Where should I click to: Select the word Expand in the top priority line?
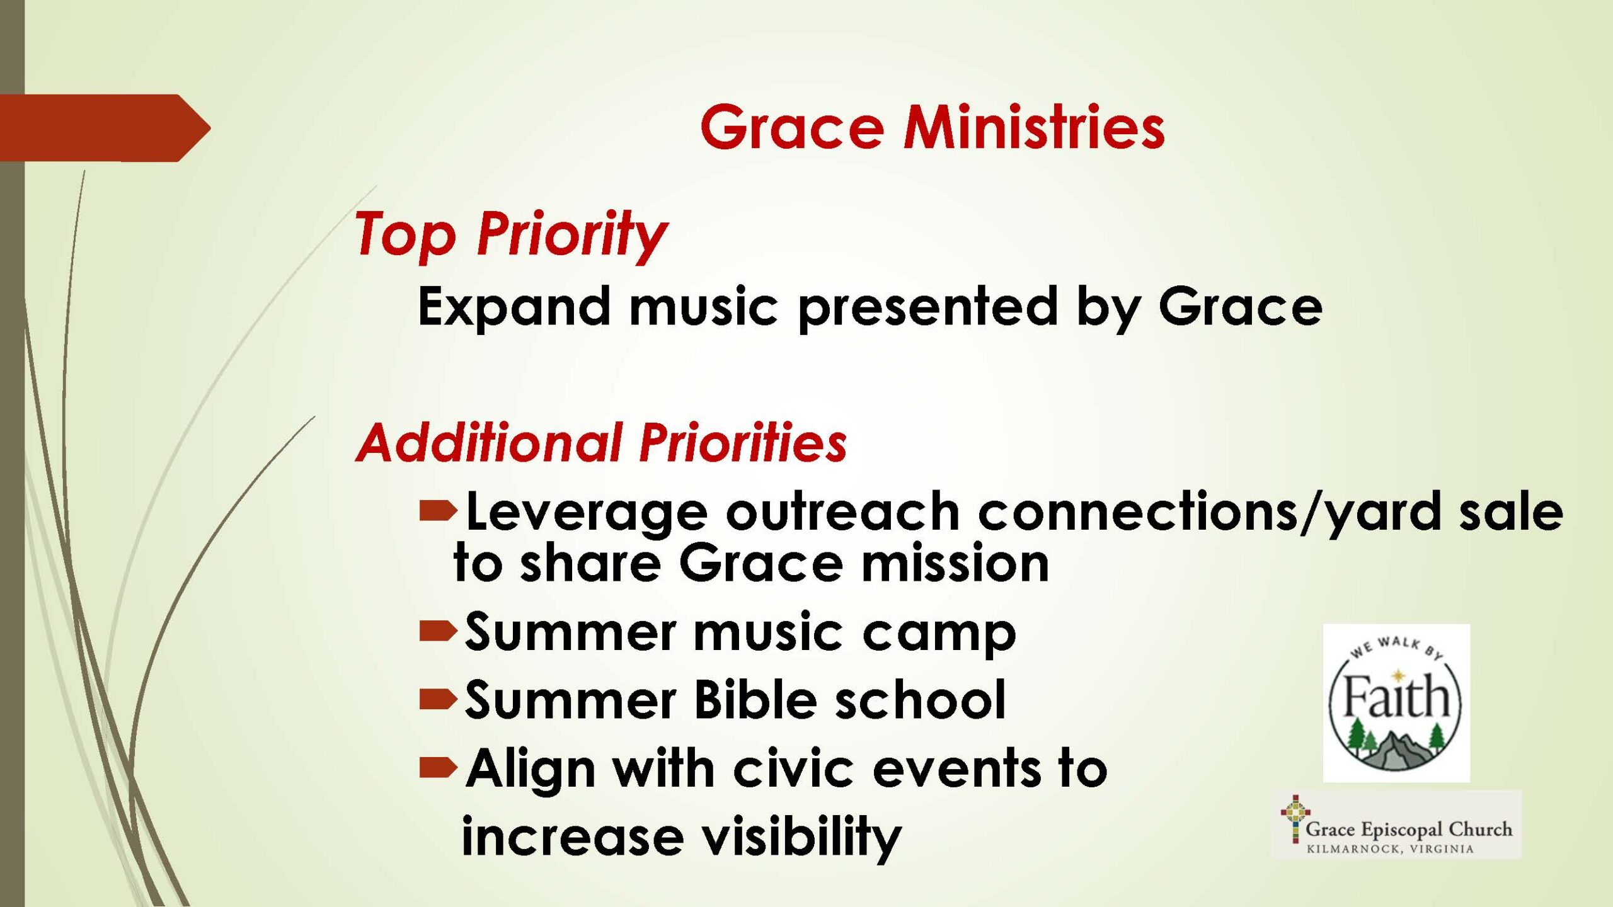pos(514,307)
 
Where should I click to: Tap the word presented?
pos(927,307)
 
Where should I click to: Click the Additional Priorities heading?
pos(601,442)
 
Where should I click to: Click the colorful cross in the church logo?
pos(1295,819)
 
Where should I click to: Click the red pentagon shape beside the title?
pos(105,128)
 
